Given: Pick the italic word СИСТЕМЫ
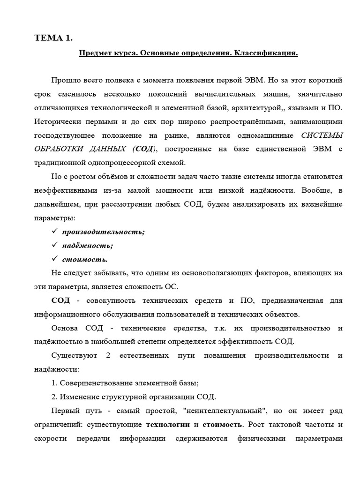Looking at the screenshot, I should pyautogui.click(x=322, y=136).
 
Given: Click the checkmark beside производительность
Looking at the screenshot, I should pyautogui.click(x=54, y=232).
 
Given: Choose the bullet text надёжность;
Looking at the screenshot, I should pyautogui.click(x=87, y=245).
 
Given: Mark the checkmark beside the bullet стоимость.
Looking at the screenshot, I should pyautogui.click(x=54, y=259).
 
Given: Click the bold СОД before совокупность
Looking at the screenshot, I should pyautogui.click(x=60, y=300).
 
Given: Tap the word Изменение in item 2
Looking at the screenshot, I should pyautogui.click(x=78, y=397).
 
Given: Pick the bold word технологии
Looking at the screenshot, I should pyautogui.click(x=168, y=424).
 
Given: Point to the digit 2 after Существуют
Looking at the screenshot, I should pyautogui.click(x=108, y=355).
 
